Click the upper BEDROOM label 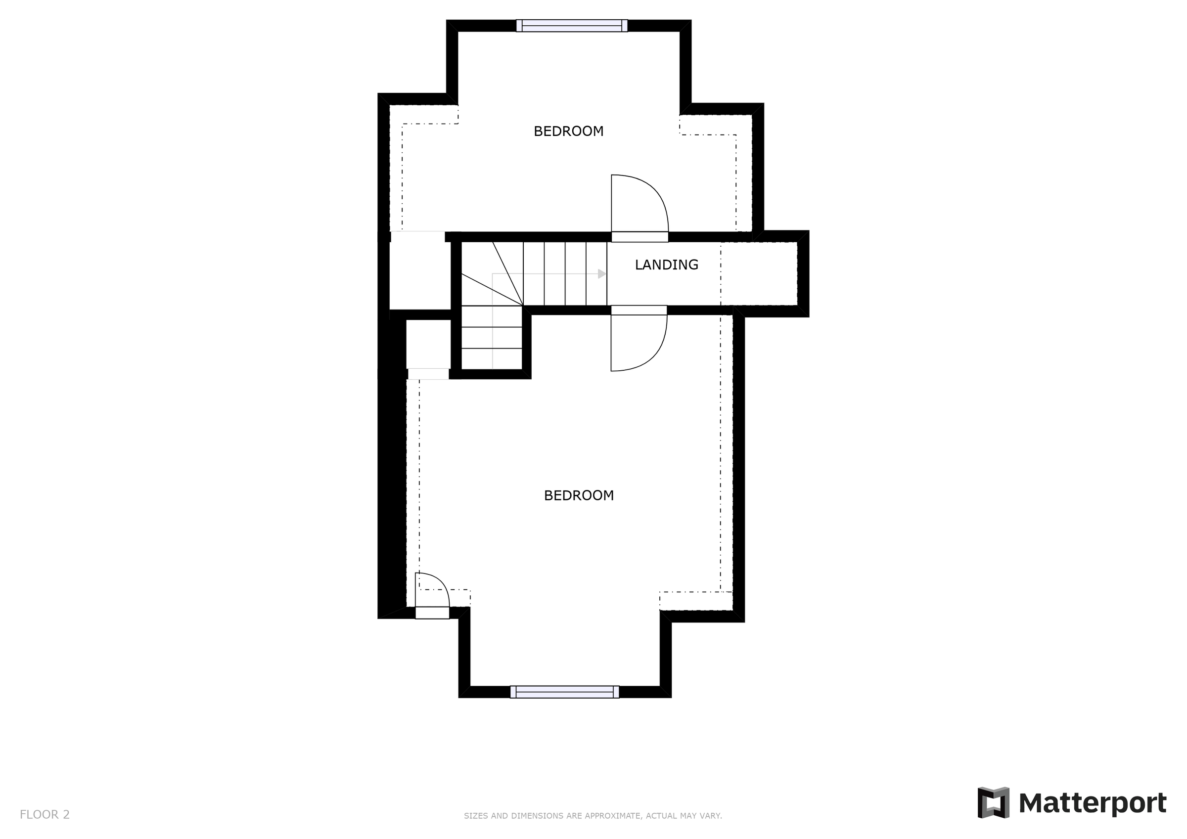coord(568,132)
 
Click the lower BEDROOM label coord(579,496)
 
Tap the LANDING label coord(666,265)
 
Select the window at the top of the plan coord(572,25)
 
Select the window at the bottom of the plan coord(564,692)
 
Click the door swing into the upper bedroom coord(639,204)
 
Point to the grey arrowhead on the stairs coord(602,274)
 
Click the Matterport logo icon coord(993,803)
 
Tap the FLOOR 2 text coord(45,815)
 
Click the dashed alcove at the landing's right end coord(758,273)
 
